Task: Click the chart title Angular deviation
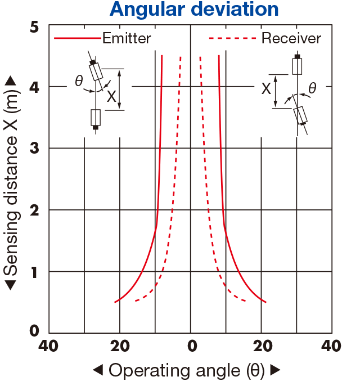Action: coord(194,9)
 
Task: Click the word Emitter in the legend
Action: coord(127,38)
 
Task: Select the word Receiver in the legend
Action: coord(291,38)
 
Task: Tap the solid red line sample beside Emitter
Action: coord(77,38)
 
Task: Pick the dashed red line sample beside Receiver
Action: coord(232,38)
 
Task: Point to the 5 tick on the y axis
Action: coord(34,26)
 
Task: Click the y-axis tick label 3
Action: coord(34,148)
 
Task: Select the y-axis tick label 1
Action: coord(34,272)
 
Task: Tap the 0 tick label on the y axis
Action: coord(34,331)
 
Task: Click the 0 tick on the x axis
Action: coord(192,346)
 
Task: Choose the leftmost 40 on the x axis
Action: coord(48,346)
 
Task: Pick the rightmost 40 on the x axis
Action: coord(331,346)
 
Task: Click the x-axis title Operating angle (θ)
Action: coord(187,370)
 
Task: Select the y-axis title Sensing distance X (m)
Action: coord(11,182)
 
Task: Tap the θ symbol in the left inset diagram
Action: coord(79,80)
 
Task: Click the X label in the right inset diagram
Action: coord(266,88)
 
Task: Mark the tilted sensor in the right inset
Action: coord(300,116)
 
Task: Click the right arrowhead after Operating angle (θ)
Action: coord(276,370)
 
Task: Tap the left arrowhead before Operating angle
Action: coord(98,370)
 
